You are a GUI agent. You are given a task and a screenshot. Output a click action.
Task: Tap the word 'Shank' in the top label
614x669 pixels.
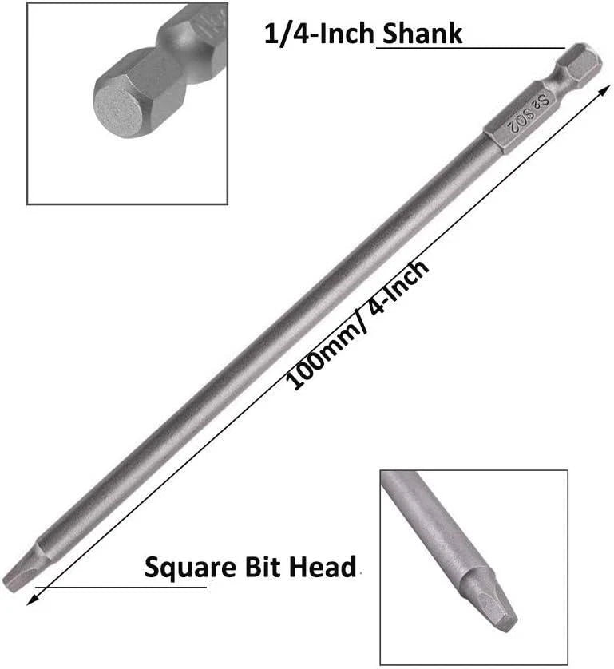pyautogui.click(x=423, y=34)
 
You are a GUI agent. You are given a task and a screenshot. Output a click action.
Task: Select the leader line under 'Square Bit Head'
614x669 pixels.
pyautogui.click(x=120, y=587)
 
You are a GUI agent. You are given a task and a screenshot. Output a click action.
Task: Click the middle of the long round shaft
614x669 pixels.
pyautogui.click(x=271, y=335)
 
